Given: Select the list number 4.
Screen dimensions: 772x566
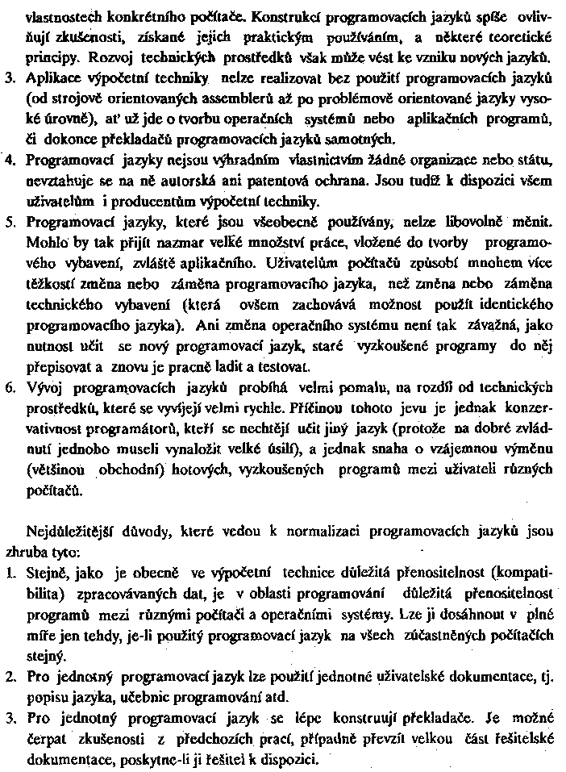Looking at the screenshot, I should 11,161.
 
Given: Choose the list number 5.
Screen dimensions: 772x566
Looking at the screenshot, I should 10,220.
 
